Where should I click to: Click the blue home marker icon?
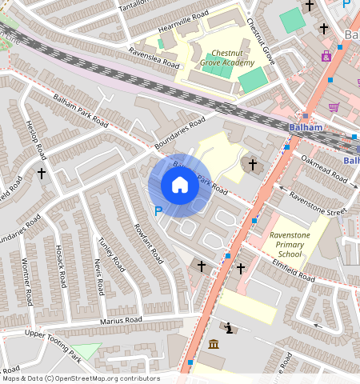(180, 186)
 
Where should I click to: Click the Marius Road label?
(121, 321)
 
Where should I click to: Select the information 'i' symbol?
(230, 328)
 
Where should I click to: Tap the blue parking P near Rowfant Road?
(158, 211)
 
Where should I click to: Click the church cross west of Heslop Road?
(42, 173)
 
